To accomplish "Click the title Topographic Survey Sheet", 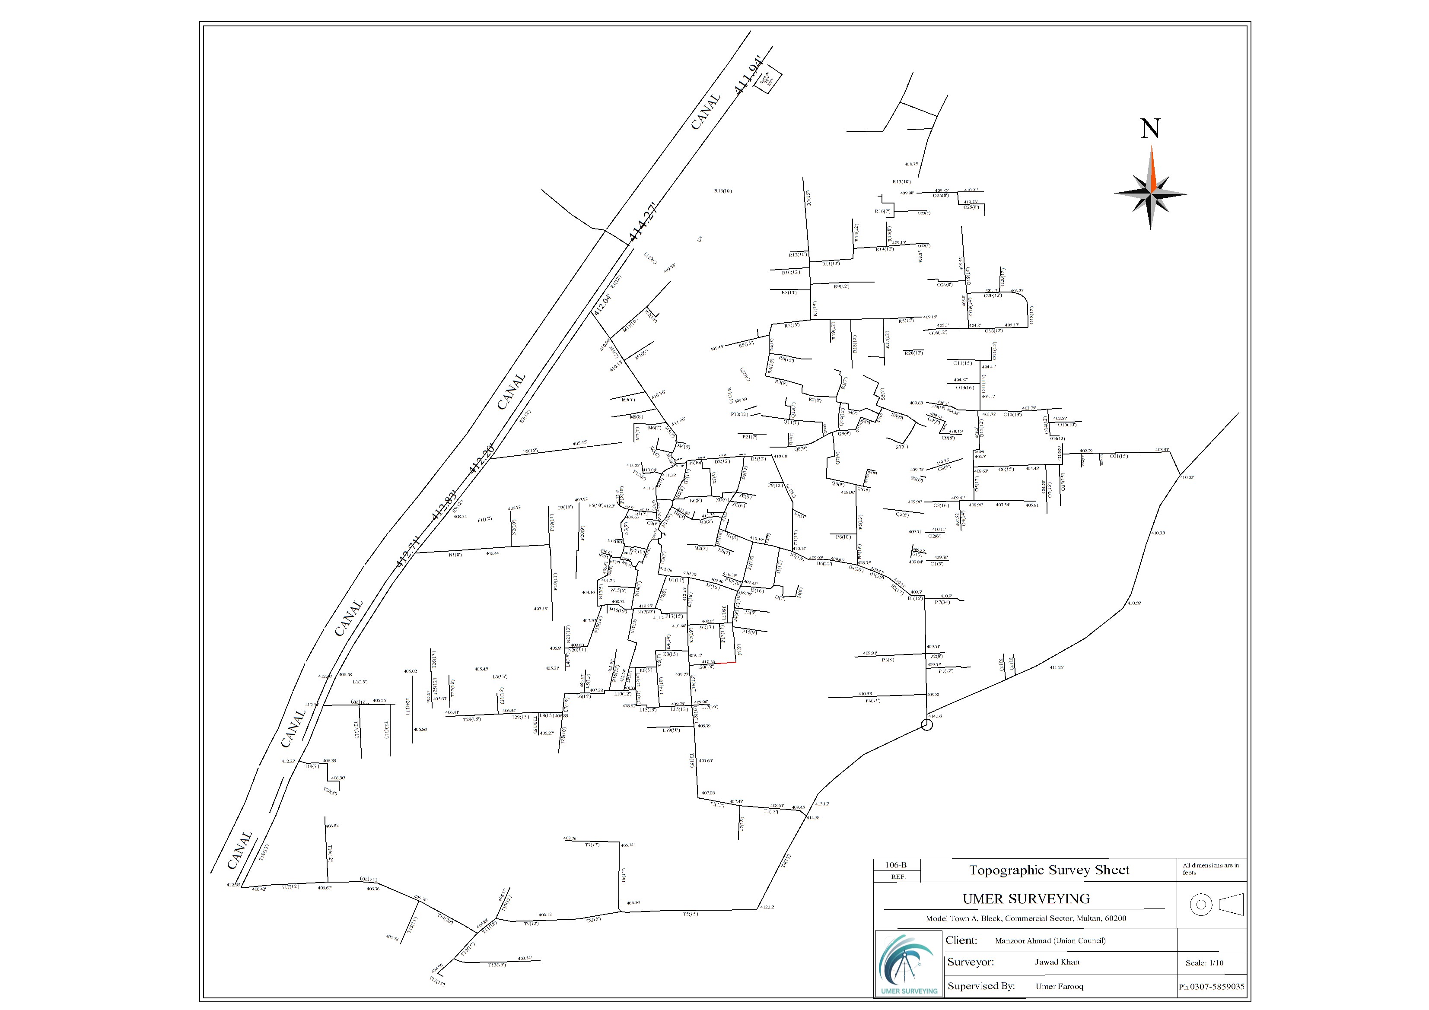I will (x=1049, y=870).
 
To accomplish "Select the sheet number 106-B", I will (x=896, y=865).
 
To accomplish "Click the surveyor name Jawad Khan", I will (x=1057, y=962).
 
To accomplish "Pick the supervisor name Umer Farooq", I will (x=1059, y=986).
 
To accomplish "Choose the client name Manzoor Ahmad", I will (x=1050, y=941).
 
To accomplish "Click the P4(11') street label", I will (x=872, y=701).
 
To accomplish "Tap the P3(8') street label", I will (x=888, y=660).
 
